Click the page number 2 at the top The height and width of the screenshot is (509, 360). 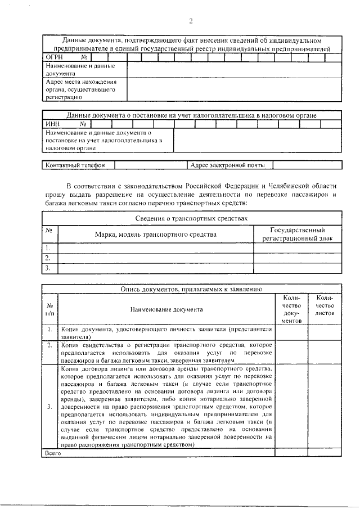[x=191, y=21]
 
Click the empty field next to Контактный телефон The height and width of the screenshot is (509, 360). [x=149, y=165]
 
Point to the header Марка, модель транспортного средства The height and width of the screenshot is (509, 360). [x=155, y=234]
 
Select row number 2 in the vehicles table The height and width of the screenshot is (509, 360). [x=49, y=258]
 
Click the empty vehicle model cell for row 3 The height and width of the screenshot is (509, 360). [x=155, y=268]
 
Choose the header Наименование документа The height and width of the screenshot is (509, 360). [x=166, y=309]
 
